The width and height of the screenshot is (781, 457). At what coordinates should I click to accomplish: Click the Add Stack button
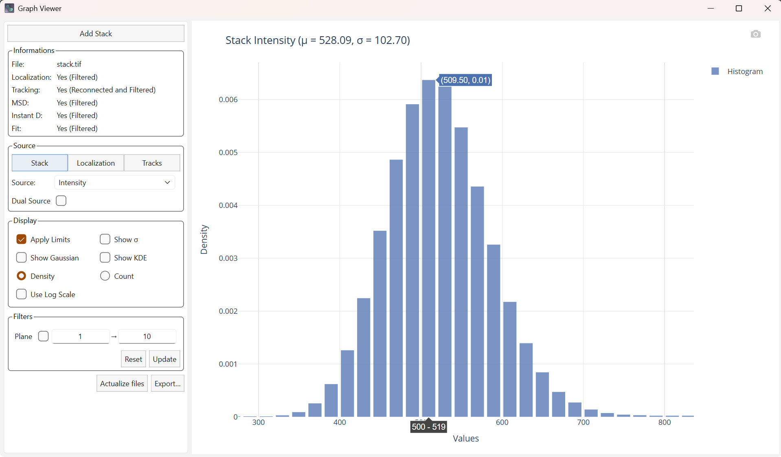(x=96, y=33)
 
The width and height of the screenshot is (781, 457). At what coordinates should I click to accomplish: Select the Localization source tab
(x=96, y=163)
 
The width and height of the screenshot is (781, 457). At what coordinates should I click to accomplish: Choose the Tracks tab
(x=152, y=163)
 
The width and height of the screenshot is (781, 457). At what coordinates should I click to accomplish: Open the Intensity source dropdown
(x=114, y=182)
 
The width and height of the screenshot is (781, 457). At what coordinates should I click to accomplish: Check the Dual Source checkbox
(x=61, y=201)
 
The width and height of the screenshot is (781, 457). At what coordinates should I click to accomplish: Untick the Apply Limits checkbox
(x=22, y=239)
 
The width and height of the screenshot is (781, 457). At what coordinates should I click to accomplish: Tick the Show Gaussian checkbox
(x=22, y=258)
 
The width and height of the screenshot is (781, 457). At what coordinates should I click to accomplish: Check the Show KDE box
(x=105, y=258)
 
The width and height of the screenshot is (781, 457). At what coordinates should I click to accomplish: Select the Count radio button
(x=105, y=276)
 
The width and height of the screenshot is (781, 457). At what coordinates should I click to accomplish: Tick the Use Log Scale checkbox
(x=22, y=294)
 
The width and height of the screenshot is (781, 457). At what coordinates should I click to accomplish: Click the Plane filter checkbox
(x=43, y=336)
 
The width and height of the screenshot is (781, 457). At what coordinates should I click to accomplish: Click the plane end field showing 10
(x=147, y=336)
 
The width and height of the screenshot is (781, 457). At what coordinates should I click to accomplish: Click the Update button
(x=165, y=359)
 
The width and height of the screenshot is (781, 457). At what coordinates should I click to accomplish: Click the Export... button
(x=167, y=383)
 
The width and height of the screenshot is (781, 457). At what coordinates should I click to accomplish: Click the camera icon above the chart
(x=755, y=34)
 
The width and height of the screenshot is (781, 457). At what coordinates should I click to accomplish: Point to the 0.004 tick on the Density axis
(x=228, y=205)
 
